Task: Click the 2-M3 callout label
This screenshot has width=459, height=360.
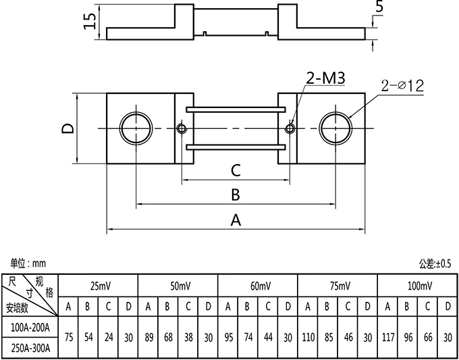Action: point(325,79)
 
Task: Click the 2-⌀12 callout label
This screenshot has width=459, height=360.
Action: point(402,86)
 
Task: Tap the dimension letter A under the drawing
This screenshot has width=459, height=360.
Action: point(236,220)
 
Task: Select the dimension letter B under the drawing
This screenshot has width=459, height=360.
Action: point(236,195)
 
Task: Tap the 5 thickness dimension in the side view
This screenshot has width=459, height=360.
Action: point(379,7)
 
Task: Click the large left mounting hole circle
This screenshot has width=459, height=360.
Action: point(135,128)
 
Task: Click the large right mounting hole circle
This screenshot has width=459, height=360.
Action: point(336,128)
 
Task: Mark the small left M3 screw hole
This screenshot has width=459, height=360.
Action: point(181,128)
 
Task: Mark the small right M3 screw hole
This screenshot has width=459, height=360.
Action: point(290,128)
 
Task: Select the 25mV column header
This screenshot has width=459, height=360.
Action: point(99,286)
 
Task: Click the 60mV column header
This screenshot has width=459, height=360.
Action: point(258,286)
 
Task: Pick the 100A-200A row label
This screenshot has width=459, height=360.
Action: point(30,328)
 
